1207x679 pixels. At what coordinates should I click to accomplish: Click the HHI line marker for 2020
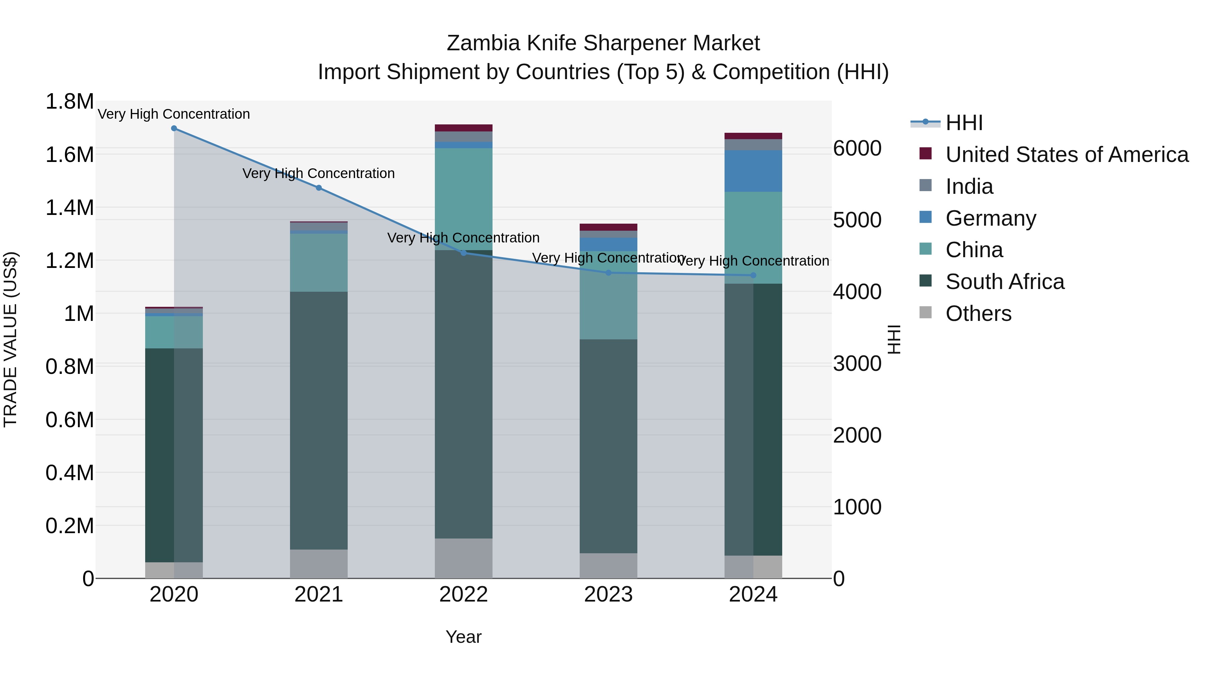coord(174,128)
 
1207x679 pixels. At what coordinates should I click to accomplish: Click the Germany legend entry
coord(990,218)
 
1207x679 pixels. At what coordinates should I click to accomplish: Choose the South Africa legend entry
coord(1004,282)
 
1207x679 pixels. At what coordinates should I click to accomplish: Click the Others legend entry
coord(978,314)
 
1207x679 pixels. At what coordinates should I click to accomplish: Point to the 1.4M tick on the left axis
coord(69,208)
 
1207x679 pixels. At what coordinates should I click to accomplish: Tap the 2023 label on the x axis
coord(608,595)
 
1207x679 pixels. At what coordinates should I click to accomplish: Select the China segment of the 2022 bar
coord(463,199)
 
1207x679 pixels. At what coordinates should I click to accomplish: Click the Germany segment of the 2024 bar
coord(753,171)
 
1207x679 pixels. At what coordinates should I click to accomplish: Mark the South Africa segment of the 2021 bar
coord(319,420)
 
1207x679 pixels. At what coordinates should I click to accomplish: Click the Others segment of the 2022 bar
coord(463,558)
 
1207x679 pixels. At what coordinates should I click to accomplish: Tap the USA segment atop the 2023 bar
coord(608,227)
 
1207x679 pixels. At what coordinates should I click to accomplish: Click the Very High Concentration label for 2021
coord(319,174)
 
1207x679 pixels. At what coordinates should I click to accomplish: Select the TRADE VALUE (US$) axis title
coord(10,339)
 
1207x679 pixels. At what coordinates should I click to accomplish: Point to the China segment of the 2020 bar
coord(174,332)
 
